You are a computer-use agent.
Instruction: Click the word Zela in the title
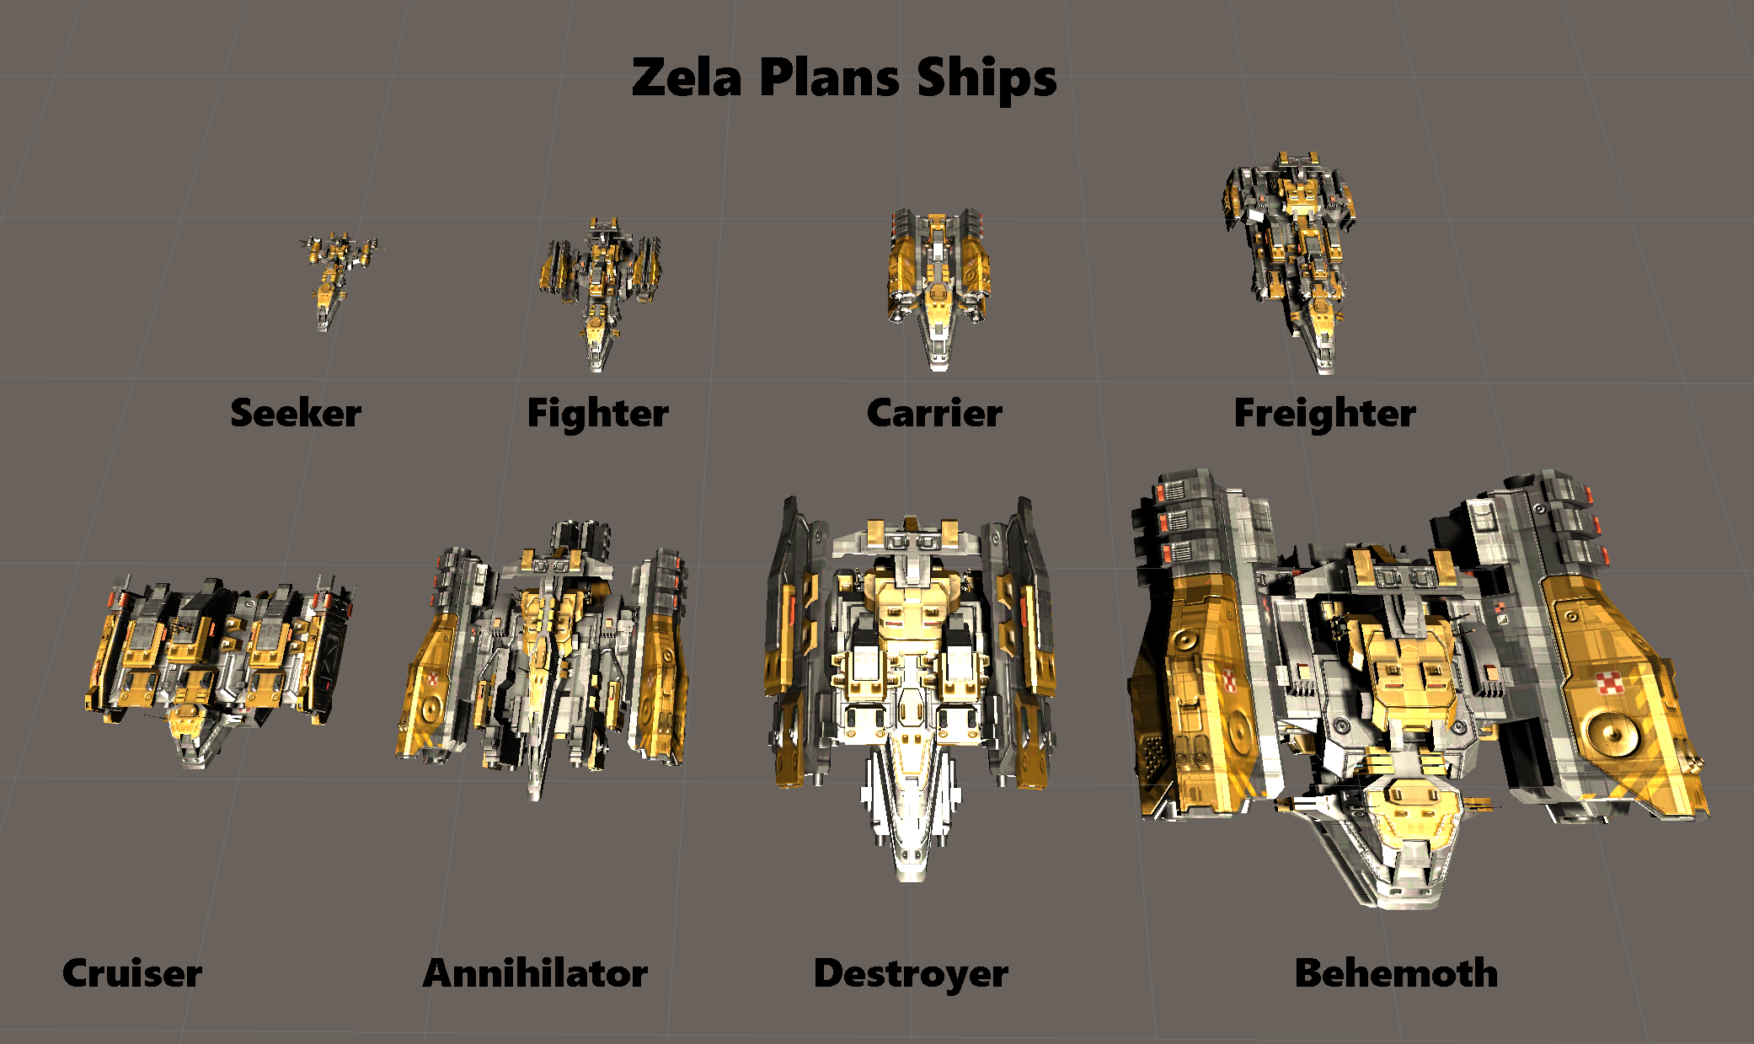coord(687,78)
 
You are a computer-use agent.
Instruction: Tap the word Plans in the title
coord(829,78)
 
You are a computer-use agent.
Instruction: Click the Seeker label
coord(296,413)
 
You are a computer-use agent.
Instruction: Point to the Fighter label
coord(598,414)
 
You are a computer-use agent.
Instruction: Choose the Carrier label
coord(934,413)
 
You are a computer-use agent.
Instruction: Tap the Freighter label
coord(1325,414)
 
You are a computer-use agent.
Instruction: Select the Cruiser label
coord(132,973)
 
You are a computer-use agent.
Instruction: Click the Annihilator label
coord(535,973)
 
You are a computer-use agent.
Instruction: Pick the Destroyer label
coord(911,975)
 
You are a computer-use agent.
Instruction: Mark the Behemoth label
coord(1396,973)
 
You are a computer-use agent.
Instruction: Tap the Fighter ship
coord(599,294)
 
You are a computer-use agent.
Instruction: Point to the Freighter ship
coord(1289,262)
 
